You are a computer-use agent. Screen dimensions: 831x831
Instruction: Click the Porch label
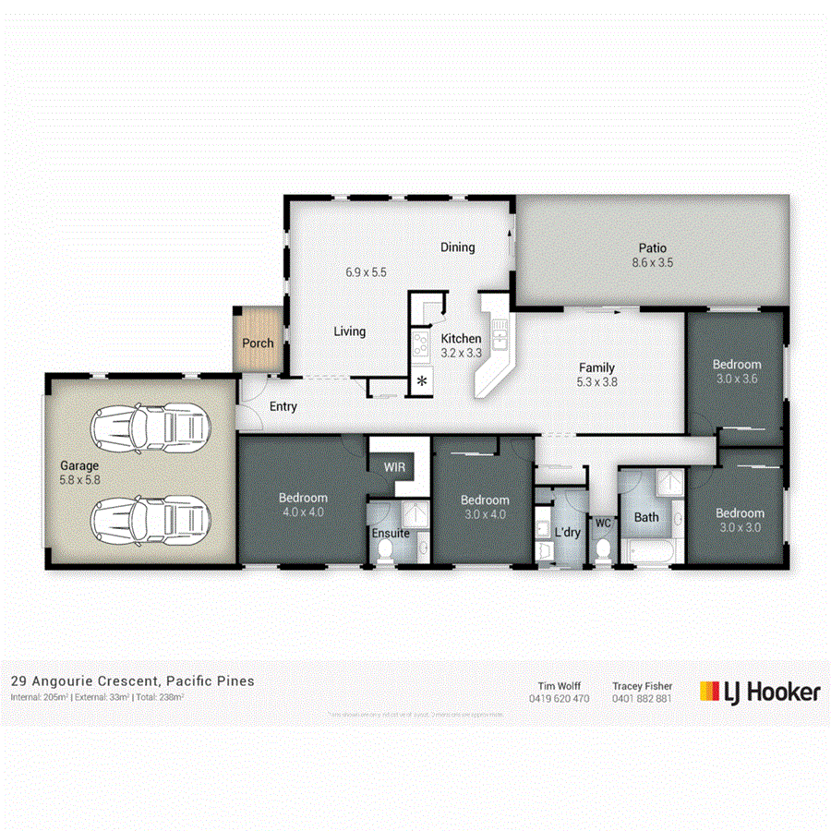[258, 343]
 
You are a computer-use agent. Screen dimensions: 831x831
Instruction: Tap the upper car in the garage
[148, 427]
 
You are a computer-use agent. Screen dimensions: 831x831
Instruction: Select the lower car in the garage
[148, 521]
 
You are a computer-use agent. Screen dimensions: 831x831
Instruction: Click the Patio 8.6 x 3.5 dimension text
[652, 262]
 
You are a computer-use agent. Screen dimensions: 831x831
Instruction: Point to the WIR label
[394, 467]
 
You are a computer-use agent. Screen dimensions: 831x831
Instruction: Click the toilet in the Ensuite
[385, 551]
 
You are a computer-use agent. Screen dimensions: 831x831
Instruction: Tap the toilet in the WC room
[602, 548]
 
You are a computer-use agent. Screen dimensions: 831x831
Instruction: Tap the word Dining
[457, 247]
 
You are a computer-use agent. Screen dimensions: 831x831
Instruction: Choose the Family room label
[596, 367]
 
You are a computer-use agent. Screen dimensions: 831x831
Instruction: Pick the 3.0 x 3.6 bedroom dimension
[736, 379]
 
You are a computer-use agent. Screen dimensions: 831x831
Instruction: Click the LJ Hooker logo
[759, 692]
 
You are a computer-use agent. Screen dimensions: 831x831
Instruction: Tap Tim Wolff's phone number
[559, 699]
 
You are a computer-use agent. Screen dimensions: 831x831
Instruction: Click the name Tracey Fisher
[642, 687]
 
